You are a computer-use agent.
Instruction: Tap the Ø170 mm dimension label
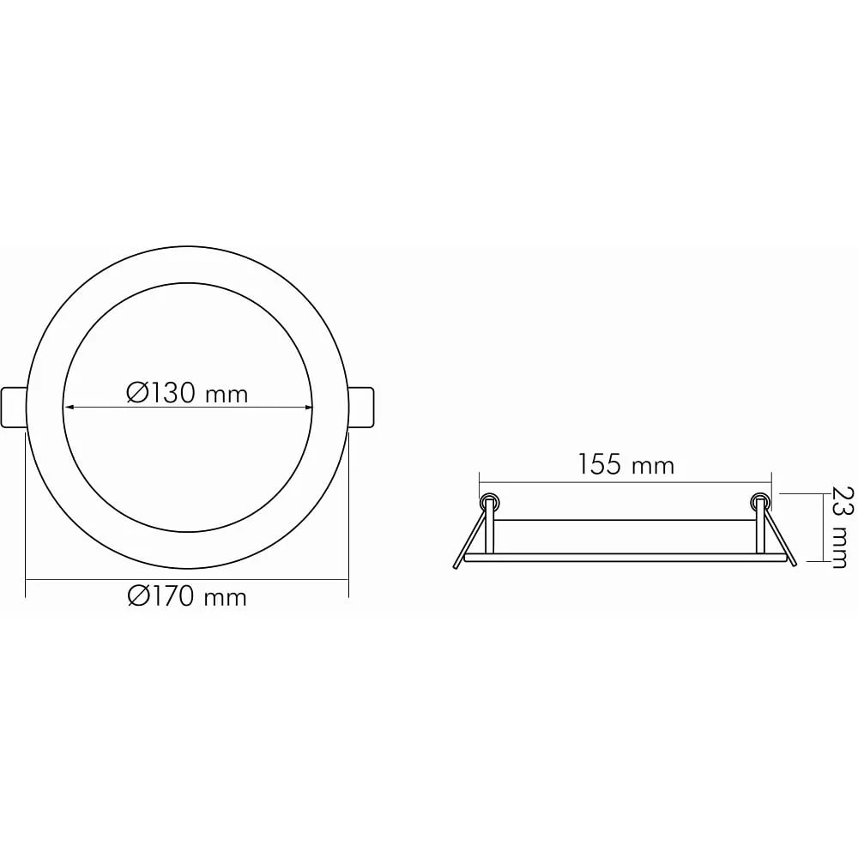tap(187, 596)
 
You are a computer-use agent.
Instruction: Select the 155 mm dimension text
tap(626, 464)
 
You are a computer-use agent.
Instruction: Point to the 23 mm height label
tap(839, 527)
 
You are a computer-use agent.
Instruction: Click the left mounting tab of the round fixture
tap(14, 407)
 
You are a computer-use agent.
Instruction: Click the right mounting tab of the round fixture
tap(361, 407)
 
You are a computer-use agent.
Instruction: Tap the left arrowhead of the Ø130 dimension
tap(69, 407)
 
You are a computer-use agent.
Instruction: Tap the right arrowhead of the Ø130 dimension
tap(307, 407)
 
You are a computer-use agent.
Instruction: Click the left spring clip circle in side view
tap(489, 500)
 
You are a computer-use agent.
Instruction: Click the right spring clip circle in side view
tap(759, 500)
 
